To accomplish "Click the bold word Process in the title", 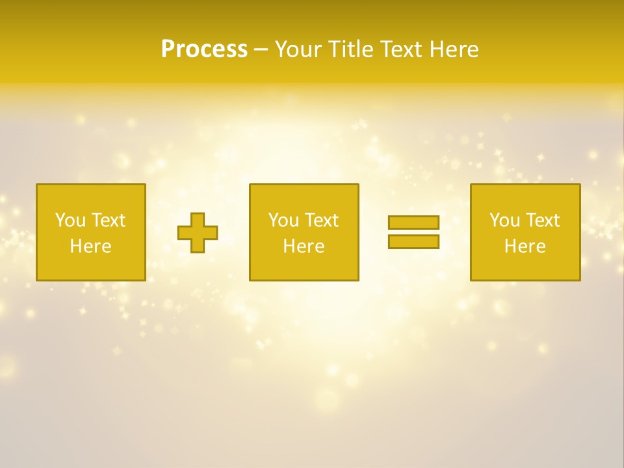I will [204, 49].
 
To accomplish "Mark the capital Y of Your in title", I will [281, 49].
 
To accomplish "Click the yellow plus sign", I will [198, 233].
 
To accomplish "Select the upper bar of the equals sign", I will [413, 222].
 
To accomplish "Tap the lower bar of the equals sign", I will [413, 242].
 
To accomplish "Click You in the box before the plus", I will [70, 220].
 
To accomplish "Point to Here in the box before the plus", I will [90, 246].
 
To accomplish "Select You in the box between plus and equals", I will [283, 220].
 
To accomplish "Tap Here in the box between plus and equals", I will [304, 246].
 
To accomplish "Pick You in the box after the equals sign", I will [504, 220].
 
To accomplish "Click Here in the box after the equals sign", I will [525, 246].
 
